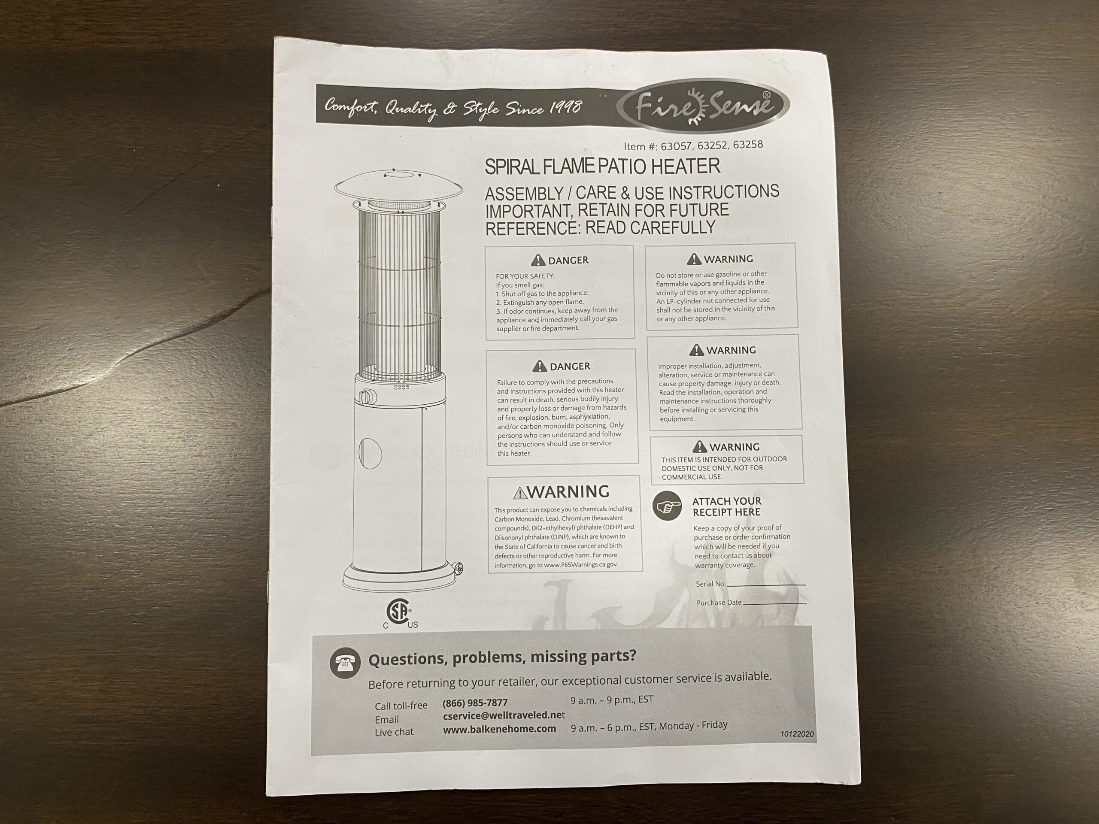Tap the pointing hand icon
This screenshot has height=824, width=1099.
[667, 506]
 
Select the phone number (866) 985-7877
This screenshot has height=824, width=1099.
[475, 703]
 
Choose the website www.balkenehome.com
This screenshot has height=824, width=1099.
[499, 729]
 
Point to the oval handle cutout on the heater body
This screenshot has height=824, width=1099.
[370, 453]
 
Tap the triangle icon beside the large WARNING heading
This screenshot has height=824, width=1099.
[520, 493]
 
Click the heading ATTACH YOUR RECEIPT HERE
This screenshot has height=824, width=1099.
[726, 506]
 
